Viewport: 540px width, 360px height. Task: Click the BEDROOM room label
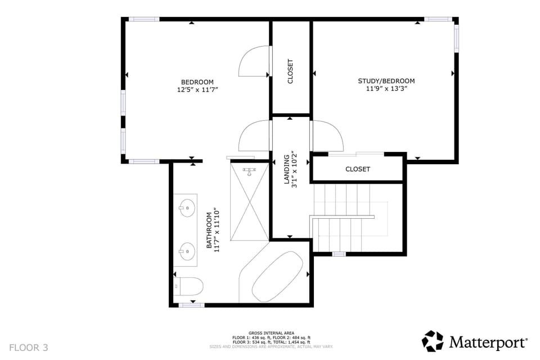[x=197, y=82]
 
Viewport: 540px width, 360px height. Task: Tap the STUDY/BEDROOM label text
[x=386, y=81]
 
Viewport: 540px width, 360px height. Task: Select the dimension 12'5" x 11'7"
[x=197, y=89]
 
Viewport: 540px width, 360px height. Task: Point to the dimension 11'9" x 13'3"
[x=386, y=88]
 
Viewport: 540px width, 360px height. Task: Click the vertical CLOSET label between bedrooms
[x=290, y=71]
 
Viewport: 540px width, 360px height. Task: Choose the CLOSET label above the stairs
[x=358, y=169]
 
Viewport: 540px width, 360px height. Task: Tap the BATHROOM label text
[x=209, y=230]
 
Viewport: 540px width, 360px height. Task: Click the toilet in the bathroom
[x=188, y=286]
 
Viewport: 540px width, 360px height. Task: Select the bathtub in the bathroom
[x=277, y=276]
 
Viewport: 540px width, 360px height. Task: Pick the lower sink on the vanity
[x=186, y=249]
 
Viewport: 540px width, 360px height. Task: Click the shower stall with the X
[x=249, y=201]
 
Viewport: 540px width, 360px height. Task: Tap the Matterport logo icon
[x=433, y=341]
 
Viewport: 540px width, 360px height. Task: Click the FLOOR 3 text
[x=29, y=348]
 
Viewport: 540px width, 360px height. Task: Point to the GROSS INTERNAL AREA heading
[x=272, y=333]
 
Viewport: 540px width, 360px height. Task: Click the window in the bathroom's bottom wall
[x=191, y=305]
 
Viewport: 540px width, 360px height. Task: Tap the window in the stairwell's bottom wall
[x=339, y=254]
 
